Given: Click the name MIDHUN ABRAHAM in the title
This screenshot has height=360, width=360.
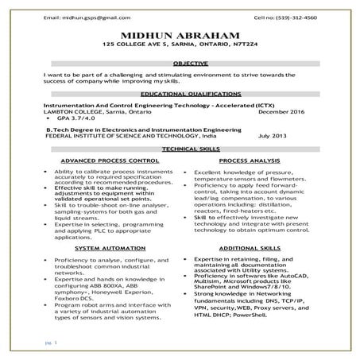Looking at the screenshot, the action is click(180, 37).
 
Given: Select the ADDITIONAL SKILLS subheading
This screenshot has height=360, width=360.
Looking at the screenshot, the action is click(254, 248).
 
